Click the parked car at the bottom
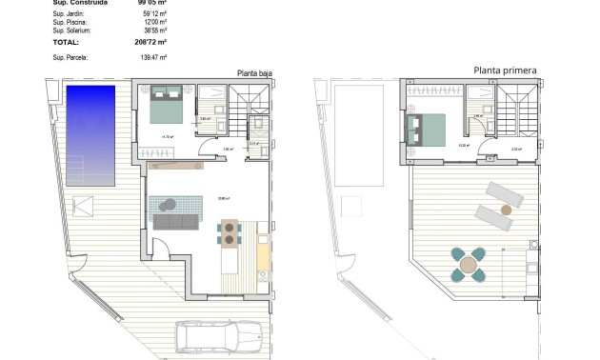[x=218, y=338]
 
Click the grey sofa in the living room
[x=176, y=222]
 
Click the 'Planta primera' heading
[x=505, y=70]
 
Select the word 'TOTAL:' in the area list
[x=66, y=43]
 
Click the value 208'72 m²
[x=150, y=43]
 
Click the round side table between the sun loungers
[x=507, y=206]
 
